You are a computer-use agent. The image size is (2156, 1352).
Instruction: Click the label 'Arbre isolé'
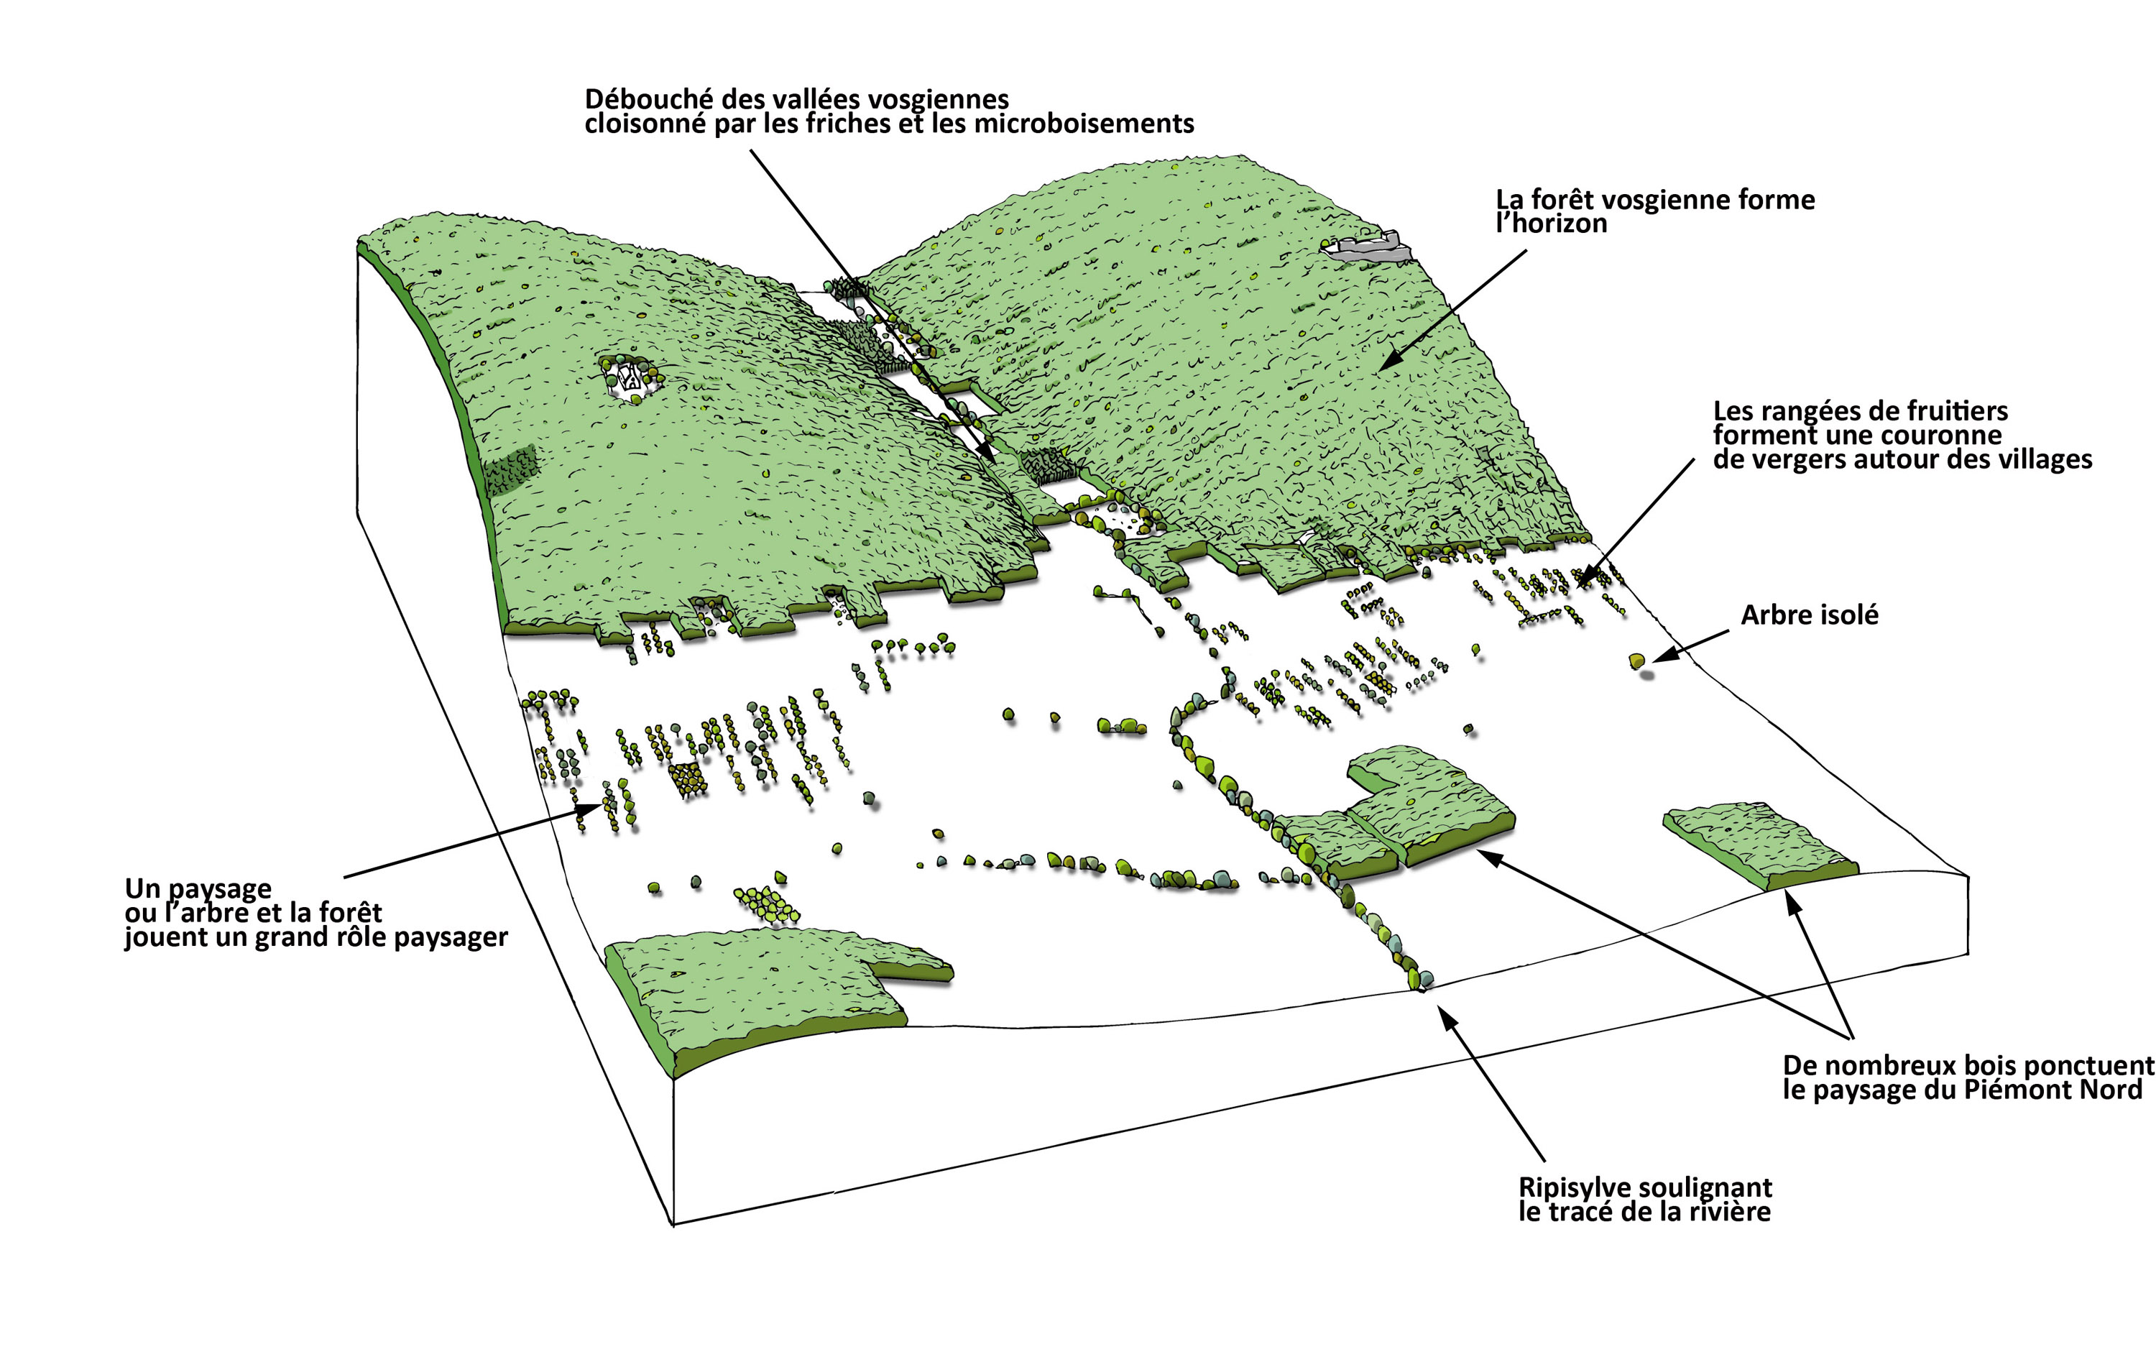(1808, 615)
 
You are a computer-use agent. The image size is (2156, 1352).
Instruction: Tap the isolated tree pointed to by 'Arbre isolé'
(1636, 661)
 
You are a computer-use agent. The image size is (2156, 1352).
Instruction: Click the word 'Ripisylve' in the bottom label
(1577, 1187)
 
